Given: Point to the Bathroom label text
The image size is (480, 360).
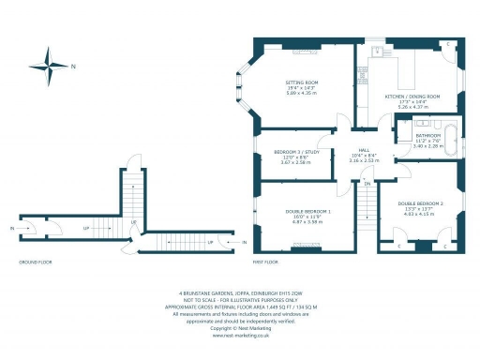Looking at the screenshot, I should tap(428, 135).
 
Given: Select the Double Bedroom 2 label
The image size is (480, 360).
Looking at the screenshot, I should tap(419, 202).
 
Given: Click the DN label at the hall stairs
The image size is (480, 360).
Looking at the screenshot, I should tap(367, 185).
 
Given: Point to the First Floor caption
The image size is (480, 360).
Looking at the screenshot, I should tap(266, 262).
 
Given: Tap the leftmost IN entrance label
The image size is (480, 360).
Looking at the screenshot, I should tap(11, 228).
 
